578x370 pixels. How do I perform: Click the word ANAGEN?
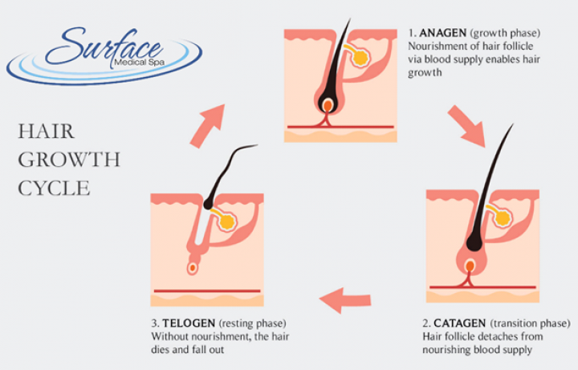click(442, 33)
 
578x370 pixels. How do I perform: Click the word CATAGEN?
click(459, 323)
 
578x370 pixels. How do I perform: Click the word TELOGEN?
click(189, 323)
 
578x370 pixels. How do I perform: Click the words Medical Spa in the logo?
click(140, 63)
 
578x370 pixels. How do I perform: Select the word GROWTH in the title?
click(69, 160)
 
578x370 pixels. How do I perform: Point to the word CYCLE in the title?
click(54, 189)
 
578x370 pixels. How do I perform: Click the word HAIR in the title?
click(46, 132)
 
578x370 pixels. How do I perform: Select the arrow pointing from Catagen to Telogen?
click(344, 300)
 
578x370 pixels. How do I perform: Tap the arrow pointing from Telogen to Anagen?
click(208, 126)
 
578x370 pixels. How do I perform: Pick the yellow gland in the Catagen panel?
click(503, 218)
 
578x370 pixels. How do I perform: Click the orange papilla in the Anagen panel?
click(328, 106)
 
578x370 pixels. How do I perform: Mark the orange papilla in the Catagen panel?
click(470, 266)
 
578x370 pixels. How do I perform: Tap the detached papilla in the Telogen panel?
click(192, 267)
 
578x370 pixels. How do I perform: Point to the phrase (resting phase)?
click(253, 323)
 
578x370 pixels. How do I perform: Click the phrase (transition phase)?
click(531, 323)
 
